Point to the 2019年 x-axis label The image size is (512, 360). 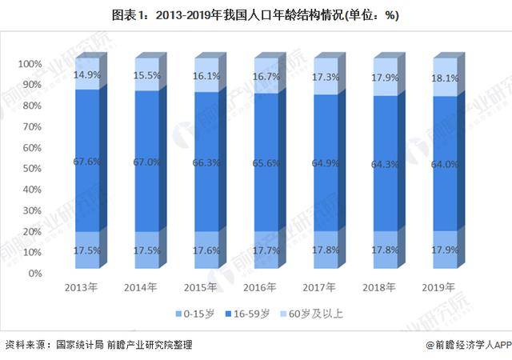pos(438,287)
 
